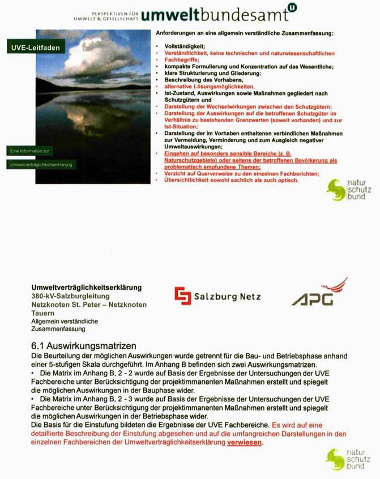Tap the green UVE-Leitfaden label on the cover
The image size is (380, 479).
[x=35, y=48]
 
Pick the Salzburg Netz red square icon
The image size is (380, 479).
[x=182, y=296]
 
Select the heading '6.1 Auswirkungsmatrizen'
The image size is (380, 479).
[x=84, y=345]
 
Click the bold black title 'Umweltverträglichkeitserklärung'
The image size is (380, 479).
[x=87, y=288]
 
